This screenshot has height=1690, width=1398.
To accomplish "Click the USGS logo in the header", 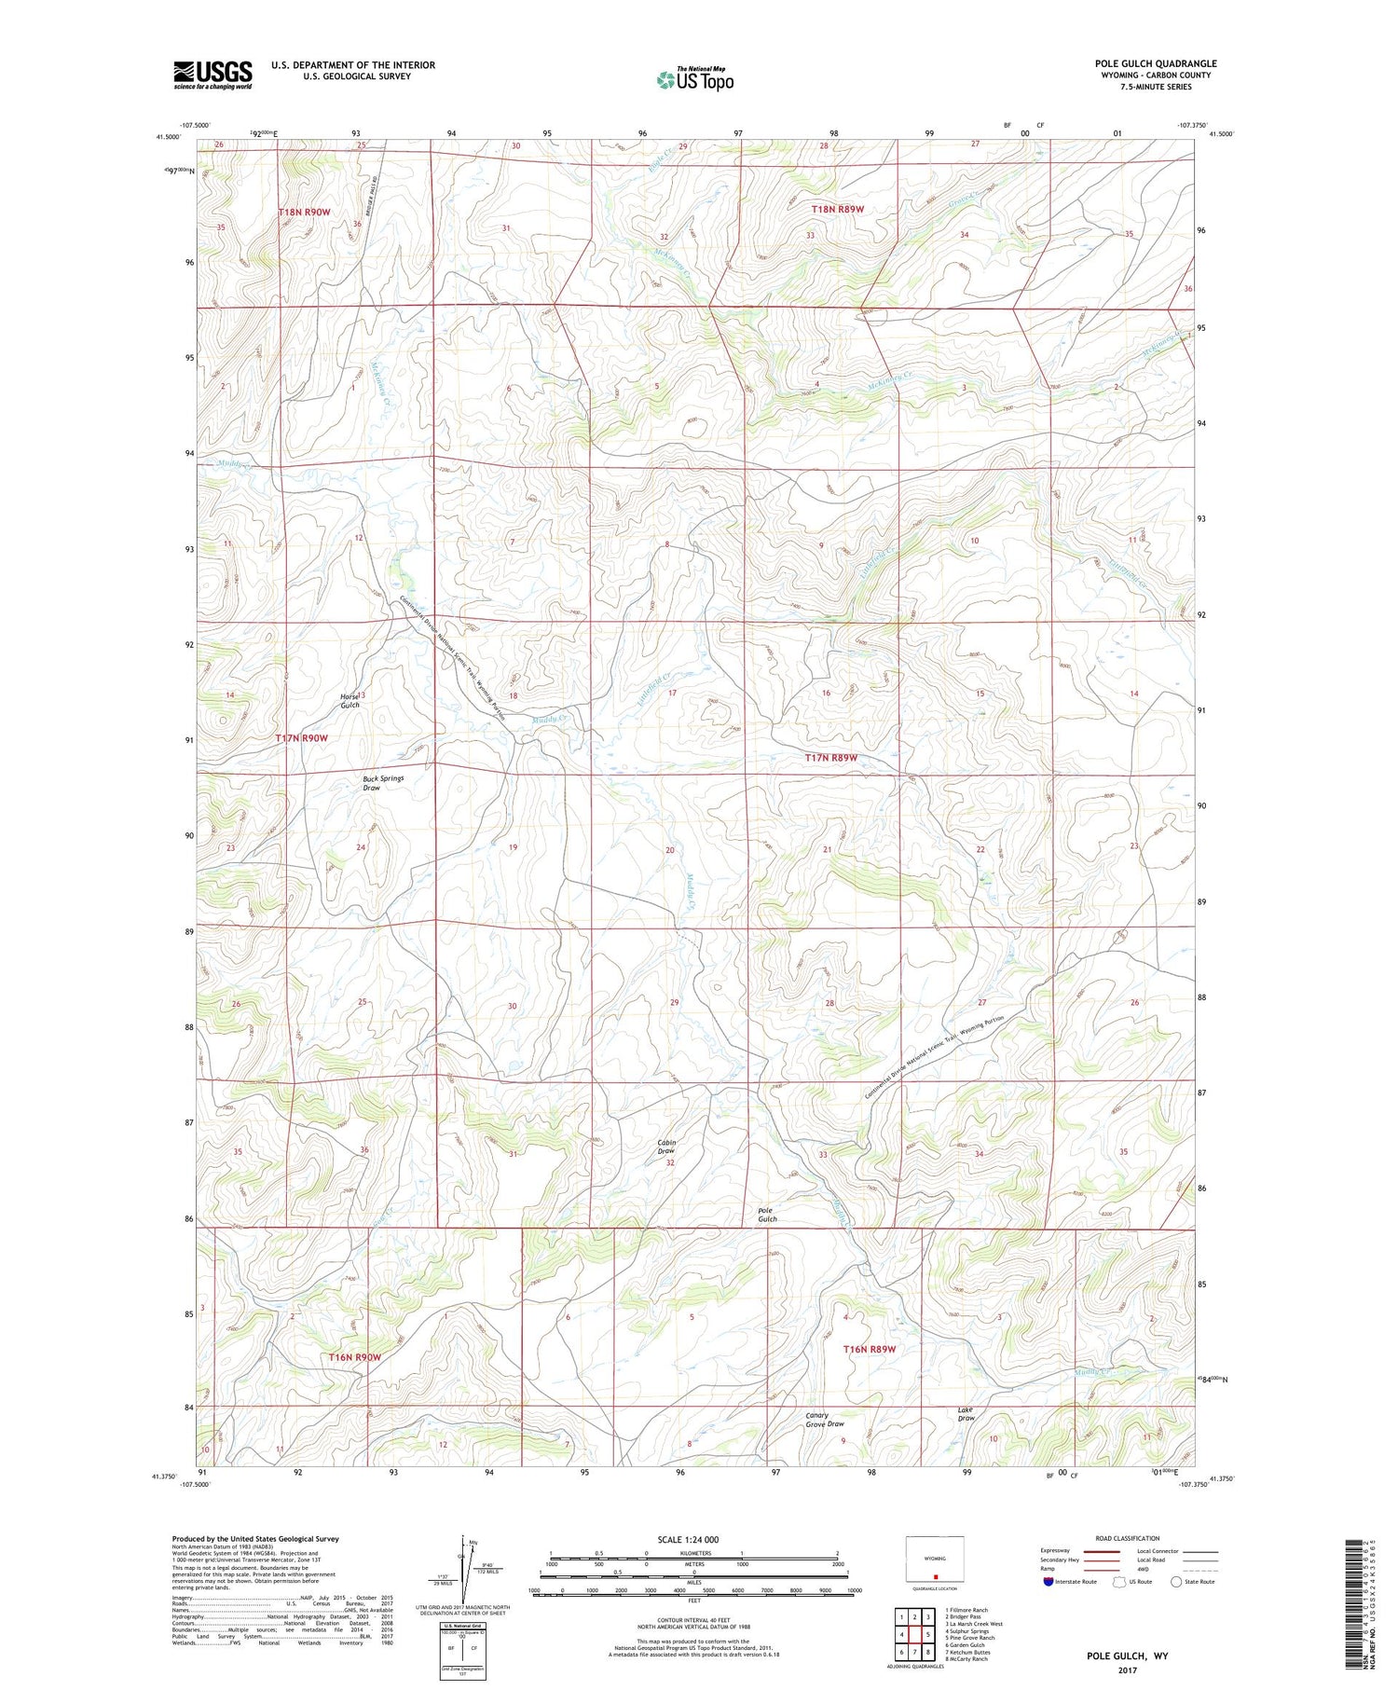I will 212,75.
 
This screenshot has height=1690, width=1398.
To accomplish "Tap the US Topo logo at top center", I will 695,79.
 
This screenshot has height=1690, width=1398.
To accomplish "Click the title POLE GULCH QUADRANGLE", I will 1155,63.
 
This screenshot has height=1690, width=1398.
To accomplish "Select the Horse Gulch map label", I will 349,701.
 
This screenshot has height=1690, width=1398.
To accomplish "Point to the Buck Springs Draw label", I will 383,783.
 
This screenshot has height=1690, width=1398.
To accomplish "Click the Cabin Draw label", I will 666,1147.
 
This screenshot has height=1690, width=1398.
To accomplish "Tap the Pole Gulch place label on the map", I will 766,1215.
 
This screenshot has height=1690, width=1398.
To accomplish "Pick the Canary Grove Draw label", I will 824,1420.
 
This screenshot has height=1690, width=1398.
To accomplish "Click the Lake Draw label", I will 966,1414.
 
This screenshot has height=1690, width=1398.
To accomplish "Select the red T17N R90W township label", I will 302,738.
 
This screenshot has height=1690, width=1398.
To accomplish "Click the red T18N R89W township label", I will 836,210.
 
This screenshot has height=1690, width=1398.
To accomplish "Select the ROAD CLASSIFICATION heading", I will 1128,1539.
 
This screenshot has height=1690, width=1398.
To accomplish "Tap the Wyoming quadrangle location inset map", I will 934,1559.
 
